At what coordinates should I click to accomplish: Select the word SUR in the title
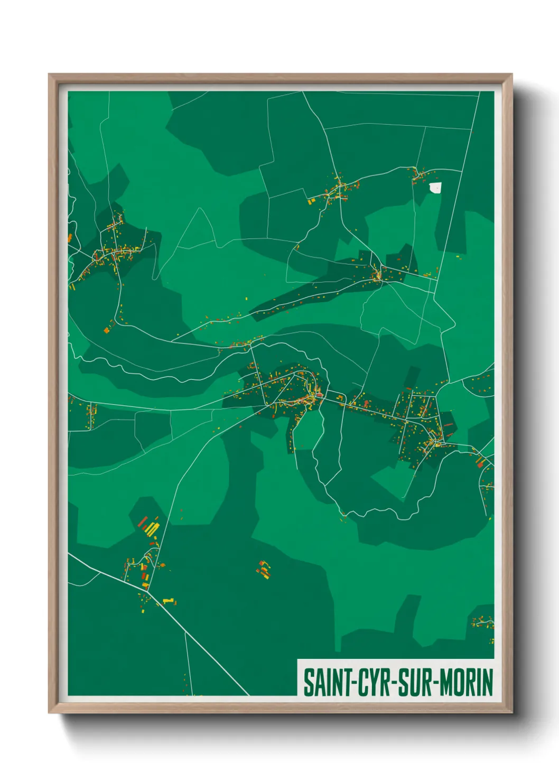pyautogui.click(x=415, y=682)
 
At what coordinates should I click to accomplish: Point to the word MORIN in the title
pyautogui.click(x=467, y=682)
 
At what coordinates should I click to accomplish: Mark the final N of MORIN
pyautogui.click(x=488, y=682)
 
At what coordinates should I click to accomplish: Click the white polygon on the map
pyautogui.click(x=435, y=188)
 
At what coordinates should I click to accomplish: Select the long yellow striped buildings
pyautogui.click(x=152, y=528)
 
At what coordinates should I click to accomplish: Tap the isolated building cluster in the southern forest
pyautogui.click(x=263, y=569)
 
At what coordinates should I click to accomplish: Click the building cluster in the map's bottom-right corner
pyautogui.click(x=483, y=622)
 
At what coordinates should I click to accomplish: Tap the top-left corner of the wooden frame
pyautogui.click(x=49, y=75)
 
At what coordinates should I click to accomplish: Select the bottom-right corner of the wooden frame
pyautogui.click(x=512, y=713)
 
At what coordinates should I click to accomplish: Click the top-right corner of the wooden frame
pyautogui.click(x=512, y=75)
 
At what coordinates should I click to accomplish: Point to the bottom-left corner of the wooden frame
pyautogui.click(x=49, y=713)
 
